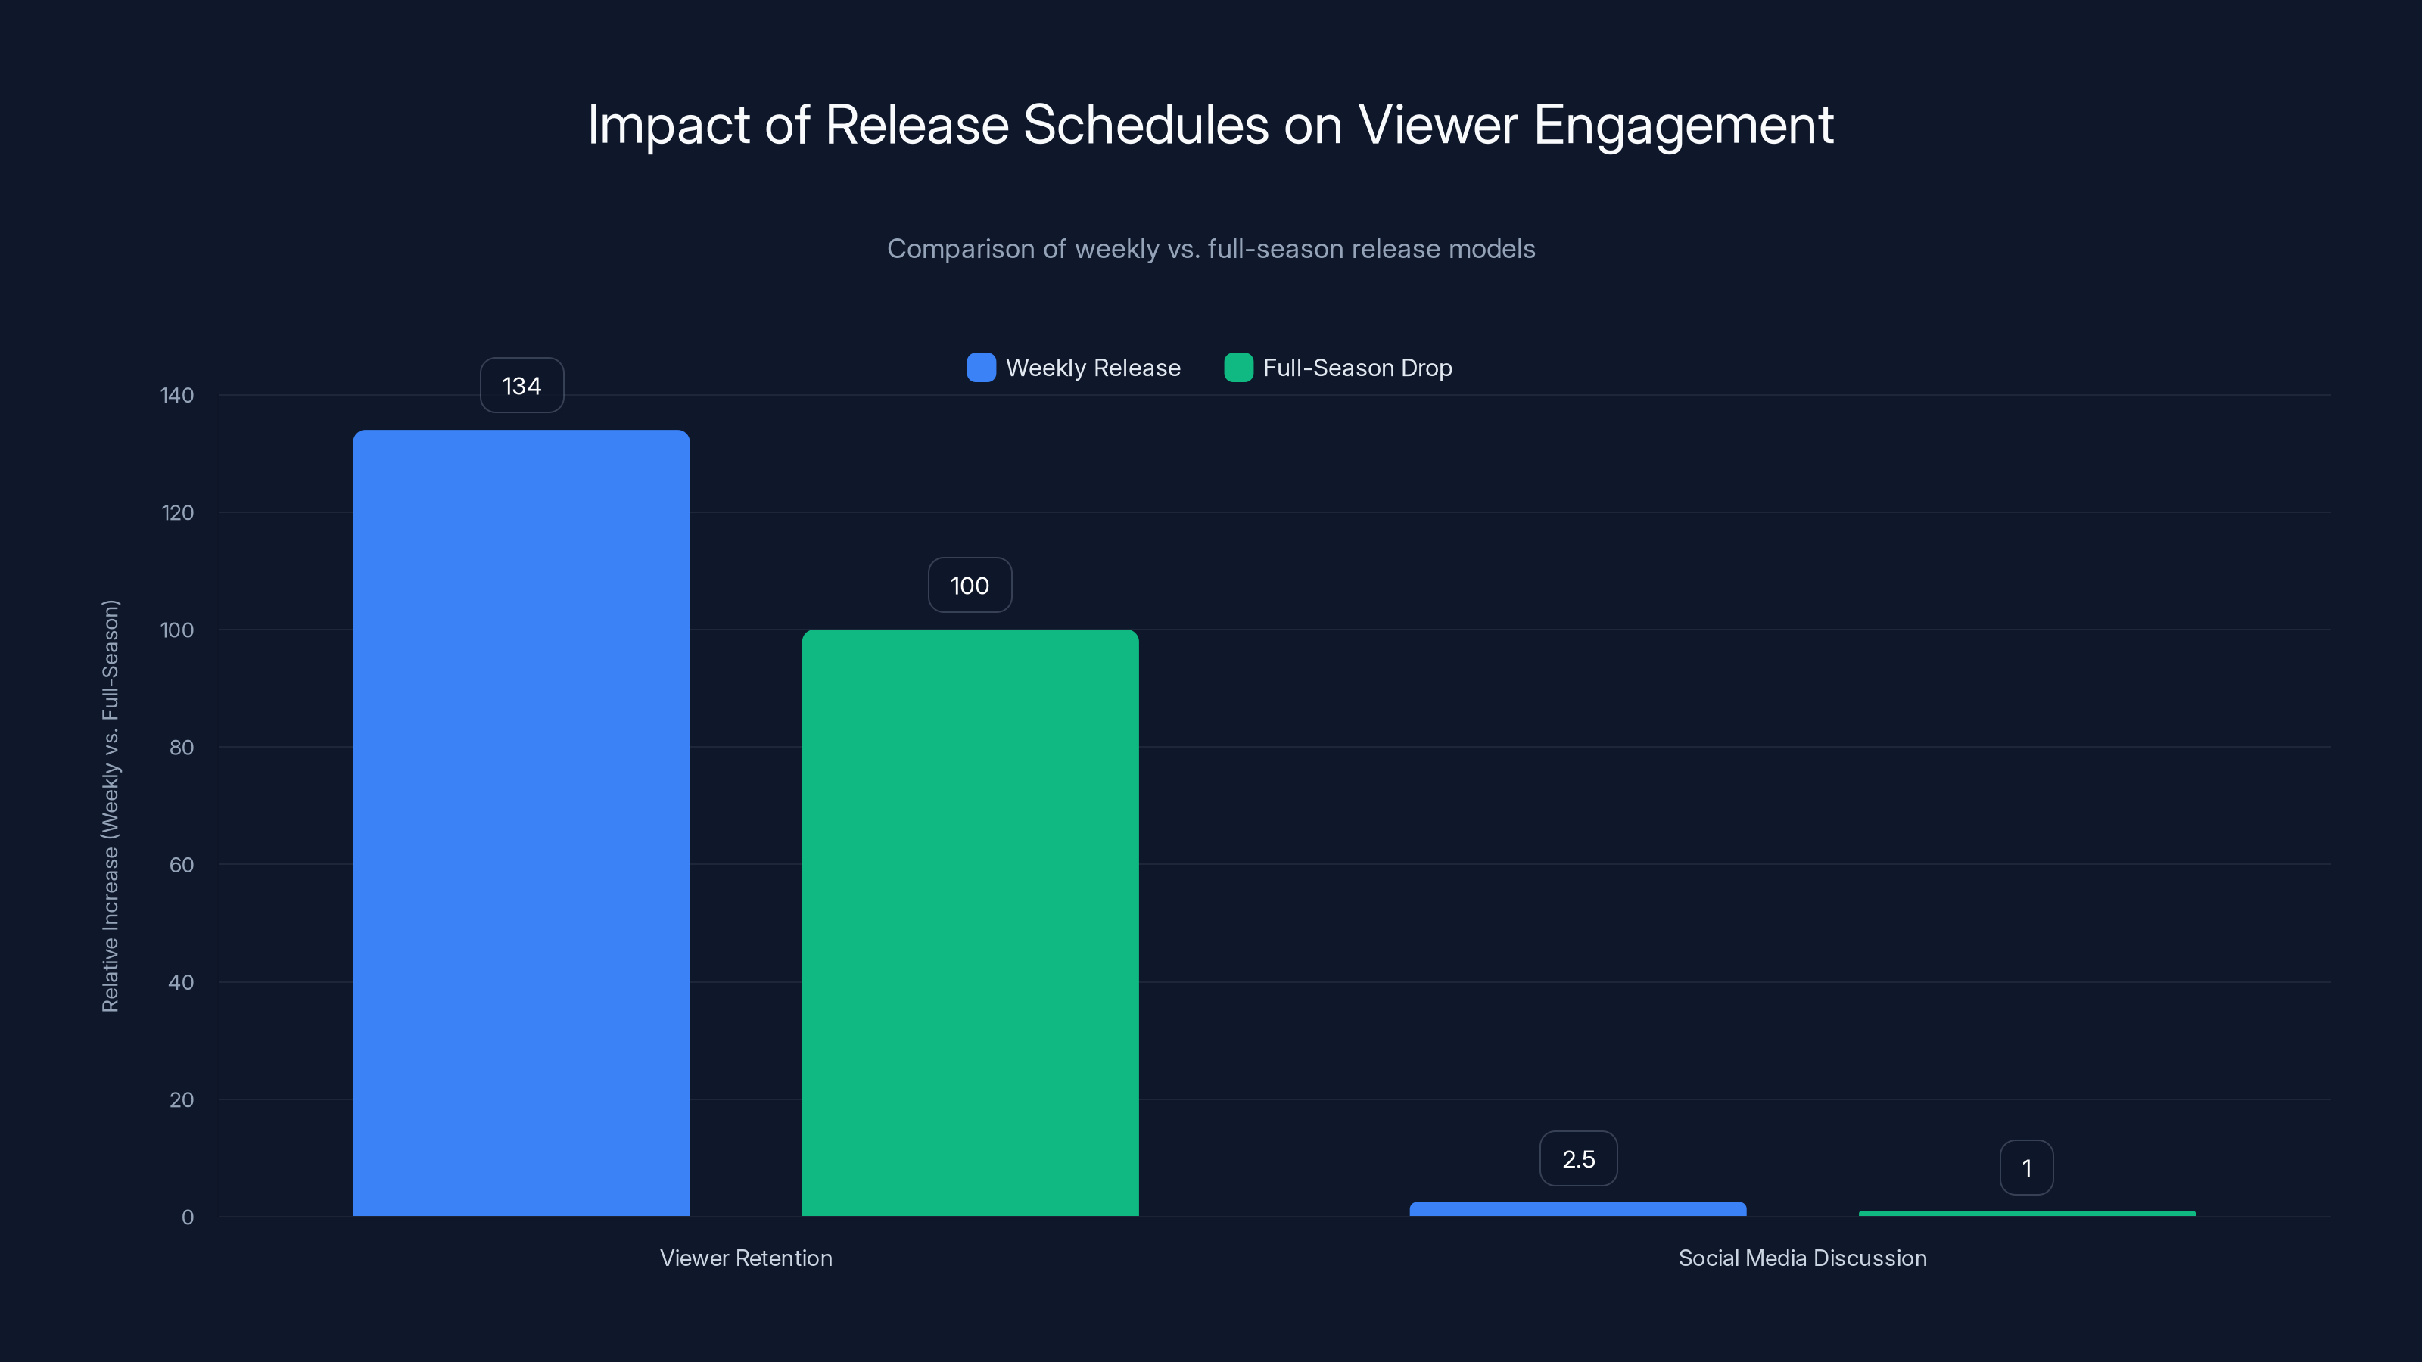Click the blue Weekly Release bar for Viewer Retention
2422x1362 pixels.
(x=521, y=822)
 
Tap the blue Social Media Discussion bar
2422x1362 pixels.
(x=1577, y=1209)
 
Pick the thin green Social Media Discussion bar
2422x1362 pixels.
(x=2026, y=1214)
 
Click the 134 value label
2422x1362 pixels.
(x=521, y=385)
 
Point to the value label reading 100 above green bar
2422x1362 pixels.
(x=970, y=586)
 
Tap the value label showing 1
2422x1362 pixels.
(x=2026, y=1168)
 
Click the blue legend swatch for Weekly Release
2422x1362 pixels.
(x=981, y=368)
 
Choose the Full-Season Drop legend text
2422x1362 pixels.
(x=1357, y=368)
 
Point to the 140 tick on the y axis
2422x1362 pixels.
(x=177, y=395)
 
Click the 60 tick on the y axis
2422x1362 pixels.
(x=182, y=865)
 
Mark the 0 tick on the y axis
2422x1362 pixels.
(x=187, y=1217)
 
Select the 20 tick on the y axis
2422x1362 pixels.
(x=182, y=1099)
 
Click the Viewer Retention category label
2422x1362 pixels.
(x=746, y=1258)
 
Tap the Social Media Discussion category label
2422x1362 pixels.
(x=1801, y=1258)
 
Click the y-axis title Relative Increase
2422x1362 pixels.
(x=110, y=806)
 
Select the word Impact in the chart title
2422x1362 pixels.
(x=668, y=125)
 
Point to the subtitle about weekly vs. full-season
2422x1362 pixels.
(x=1210, y=249)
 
